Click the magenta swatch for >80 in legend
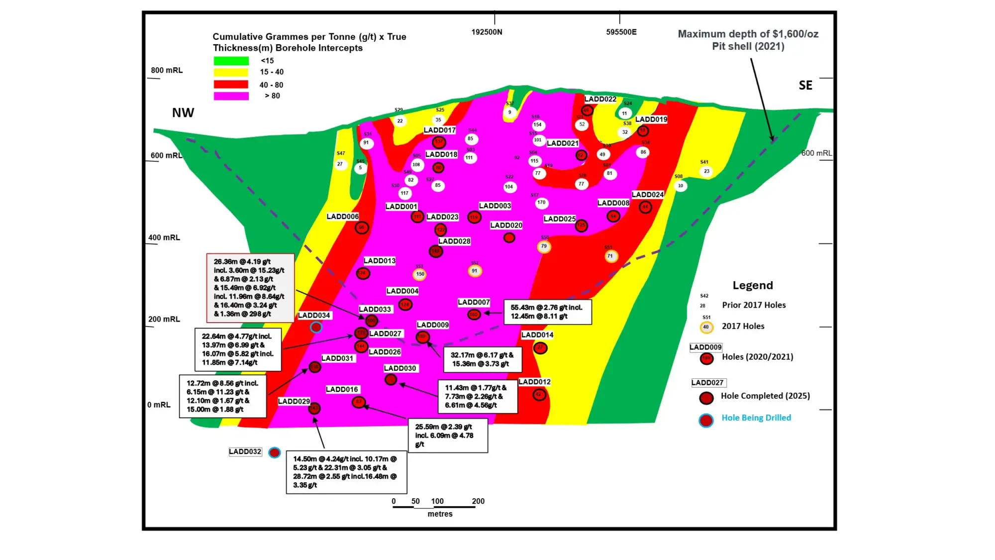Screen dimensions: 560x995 [x=231, y=96]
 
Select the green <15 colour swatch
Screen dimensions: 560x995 [x=231, y=61]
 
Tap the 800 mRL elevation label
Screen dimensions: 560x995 [x=167, y=70]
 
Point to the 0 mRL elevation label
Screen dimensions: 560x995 [x=159, y=405]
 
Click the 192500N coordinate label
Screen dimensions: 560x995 [x=487, y=32]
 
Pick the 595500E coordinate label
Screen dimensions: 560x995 [x=621, y=32]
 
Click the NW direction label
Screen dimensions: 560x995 [x=183, y=113]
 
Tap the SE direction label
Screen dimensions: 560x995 [x=805, y=86]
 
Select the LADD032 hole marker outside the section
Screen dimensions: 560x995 [x=274, y=452]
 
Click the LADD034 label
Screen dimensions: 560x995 [x=314, y=315]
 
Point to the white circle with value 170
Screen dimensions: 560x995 [x=541, y=203]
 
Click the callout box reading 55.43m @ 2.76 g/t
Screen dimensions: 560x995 [x=547, y=312]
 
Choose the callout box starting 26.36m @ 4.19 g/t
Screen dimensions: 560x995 [x=250, y=288]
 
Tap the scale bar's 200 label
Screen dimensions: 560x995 [x=478, y=501]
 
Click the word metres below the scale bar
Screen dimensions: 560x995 [x=440, y=514]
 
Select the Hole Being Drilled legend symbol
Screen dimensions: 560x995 [x=705, y=421]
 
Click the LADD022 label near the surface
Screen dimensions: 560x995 [x=600, y=99]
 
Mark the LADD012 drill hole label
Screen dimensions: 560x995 [x=534, y=382]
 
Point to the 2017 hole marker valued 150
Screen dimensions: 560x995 [x=420, y=274]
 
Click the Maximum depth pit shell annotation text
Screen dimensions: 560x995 [x=748, y=40]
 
